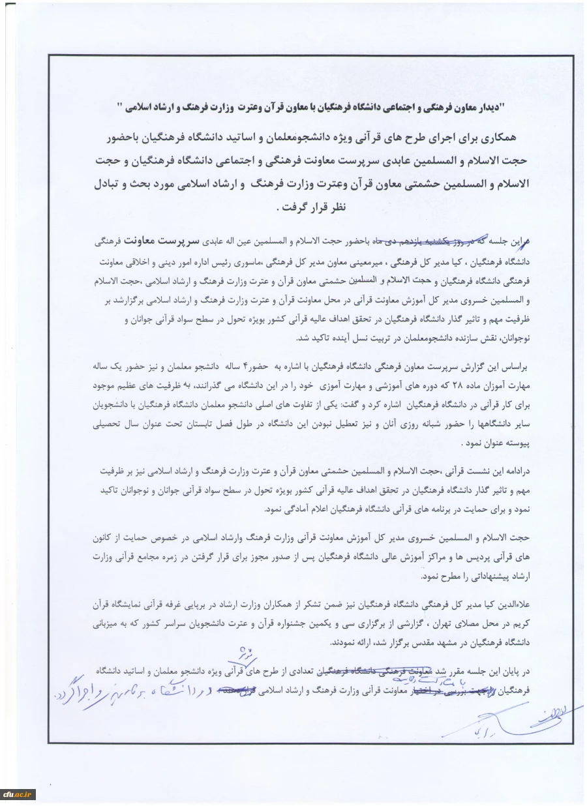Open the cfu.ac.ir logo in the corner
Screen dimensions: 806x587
[x=17, y=794]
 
